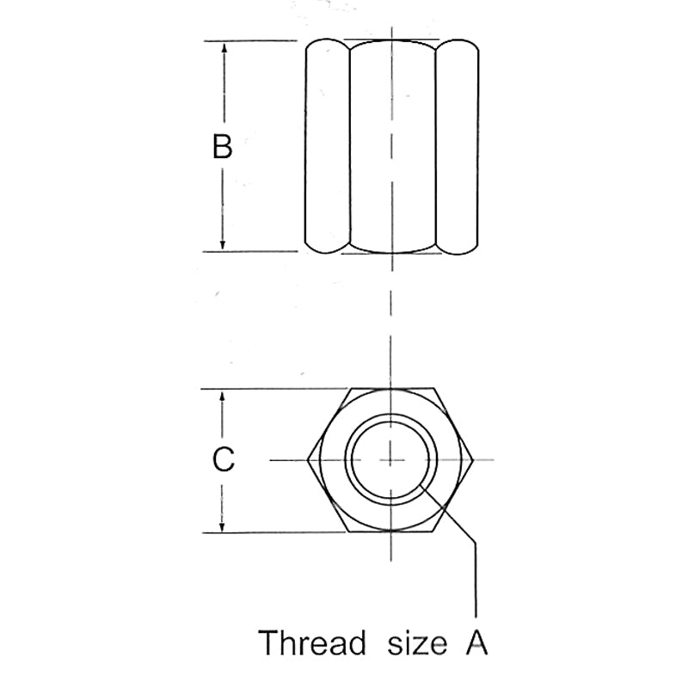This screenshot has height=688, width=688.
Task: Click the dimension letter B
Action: coord(222,146)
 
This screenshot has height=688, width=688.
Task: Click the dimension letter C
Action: coord(224,459)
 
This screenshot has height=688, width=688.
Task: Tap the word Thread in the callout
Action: coord(312,642)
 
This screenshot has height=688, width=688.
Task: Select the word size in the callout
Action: coord(417,644)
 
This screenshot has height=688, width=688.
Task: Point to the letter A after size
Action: coord(476,642)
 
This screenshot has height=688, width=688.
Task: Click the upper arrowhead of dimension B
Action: coord(224,48)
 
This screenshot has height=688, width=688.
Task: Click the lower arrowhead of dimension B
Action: coord(223,245)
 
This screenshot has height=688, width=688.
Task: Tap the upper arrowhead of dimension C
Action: coord(222,396)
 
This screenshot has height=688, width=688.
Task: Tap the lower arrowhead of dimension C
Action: coord(222,526)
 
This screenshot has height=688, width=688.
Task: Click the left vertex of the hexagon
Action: coord(308,460)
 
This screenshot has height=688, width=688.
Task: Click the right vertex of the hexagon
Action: coord(473,460)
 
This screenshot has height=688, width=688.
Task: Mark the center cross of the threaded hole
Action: coord(390,460)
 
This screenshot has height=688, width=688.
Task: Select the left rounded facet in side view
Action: coord(328,146)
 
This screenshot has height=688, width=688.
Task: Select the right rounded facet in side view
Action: coord(458,146)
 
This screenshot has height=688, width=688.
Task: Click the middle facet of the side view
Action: coord(393,146)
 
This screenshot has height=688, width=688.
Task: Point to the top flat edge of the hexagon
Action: coord(392,389)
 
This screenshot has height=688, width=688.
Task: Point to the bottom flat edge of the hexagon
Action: coord(391,532)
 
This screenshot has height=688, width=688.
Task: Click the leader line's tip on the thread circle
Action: coord(421,485)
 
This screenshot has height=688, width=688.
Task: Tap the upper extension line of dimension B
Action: coord(250,41)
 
